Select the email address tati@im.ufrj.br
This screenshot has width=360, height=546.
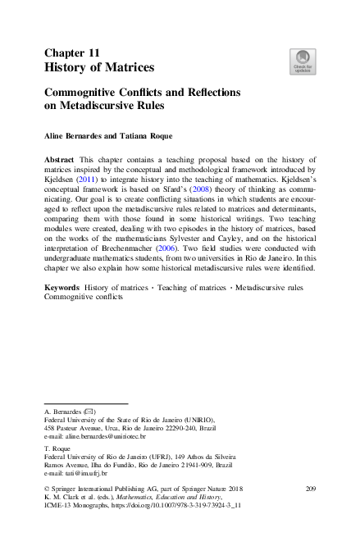click(x=86, y=473)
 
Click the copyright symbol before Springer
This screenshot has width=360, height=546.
click(x=46, y=489)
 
